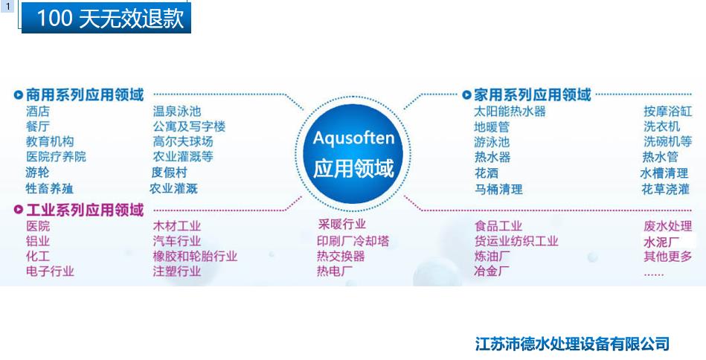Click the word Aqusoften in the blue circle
353,138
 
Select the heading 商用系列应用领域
84,95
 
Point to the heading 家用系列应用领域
532,95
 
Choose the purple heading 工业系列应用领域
84,210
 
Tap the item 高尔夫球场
182,141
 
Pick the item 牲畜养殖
50,189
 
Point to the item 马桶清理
498,189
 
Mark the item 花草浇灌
666,189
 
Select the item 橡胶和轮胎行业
195,257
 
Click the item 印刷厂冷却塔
353,241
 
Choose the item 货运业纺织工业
516,241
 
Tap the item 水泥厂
662,242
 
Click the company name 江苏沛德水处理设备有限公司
572,344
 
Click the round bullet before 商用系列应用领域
18,95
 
